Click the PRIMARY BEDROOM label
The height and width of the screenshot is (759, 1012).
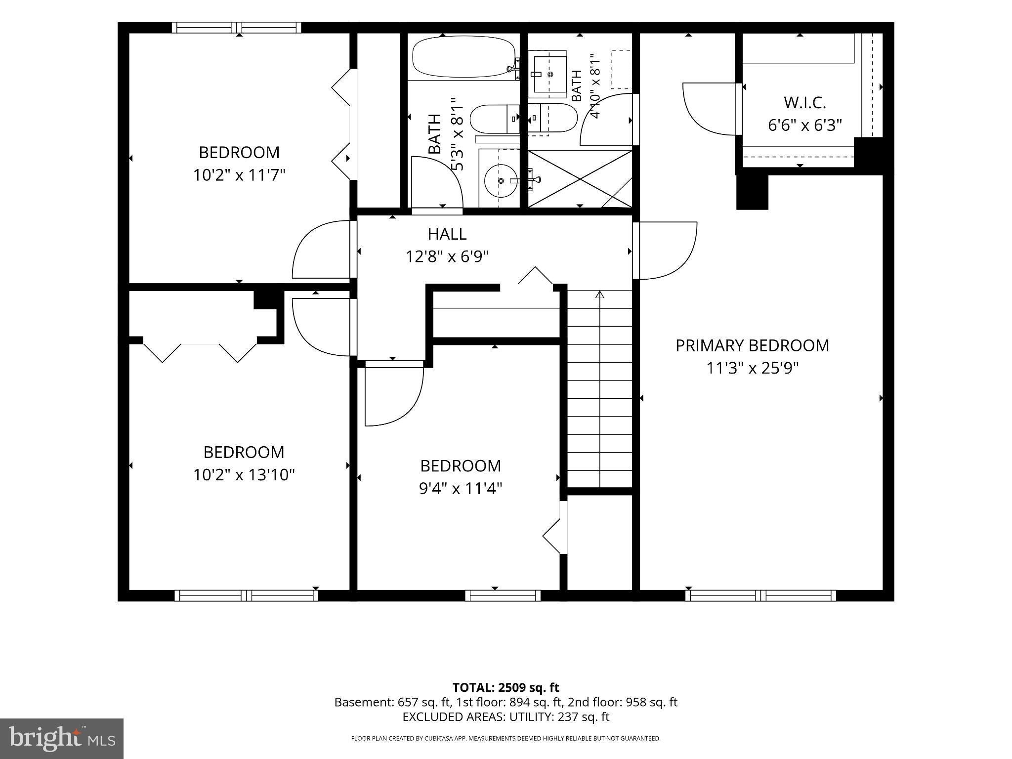[x=752, y=345]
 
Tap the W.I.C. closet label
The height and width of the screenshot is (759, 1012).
[x=805, y=103]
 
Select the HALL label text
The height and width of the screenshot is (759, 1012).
[x=447, y=234]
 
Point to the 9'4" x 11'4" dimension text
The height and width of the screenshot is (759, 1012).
[x=461, y=488]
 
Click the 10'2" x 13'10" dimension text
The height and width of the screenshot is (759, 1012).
[x=244, y=475]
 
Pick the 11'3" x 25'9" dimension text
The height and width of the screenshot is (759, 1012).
[x=753, y=368]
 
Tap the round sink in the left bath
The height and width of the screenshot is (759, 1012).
[x=501, y=181]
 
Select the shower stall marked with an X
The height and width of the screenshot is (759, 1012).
[x=580, y=179]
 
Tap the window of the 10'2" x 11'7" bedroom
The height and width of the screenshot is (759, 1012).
[x=237, y=28]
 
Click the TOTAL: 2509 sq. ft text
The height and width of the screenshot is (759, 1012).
[x=506, y=687]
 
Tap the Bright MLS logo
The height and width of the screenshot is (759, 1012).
[x=62, y=739]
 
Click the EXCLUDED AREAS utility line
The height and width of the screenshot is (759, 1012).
[x=506, y=717]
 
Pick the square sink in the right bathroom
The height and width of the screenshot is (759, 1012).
[x=549, y=74]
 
